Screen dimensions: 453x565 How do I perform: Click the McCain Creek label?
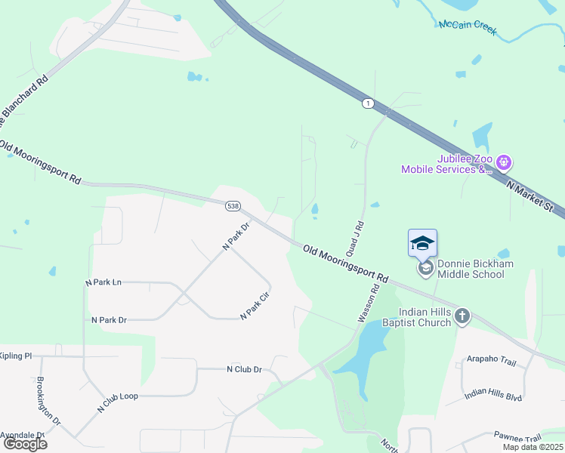[x=468, y=27]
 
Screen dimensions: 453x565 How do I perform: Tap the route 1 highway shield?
[x=367, y=103]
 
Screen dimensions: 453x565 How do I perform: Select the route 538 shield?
[x=233, y=205]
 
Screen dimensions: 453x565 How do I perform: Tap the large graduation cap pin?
[x=422, y=243]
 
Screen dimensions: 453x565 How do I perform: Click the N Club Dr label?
[x=244, y=369]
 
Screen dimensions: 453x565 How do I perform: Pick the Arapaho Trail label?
[x=491, y=361]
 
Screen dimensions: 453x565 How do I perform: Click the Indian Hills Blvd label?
[x=493, y=394]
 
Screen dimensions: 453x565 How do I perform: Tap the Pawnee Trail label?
[x=517, y=438]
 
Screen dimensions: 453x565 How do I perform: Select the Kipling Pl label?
[x=15, y=356]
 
